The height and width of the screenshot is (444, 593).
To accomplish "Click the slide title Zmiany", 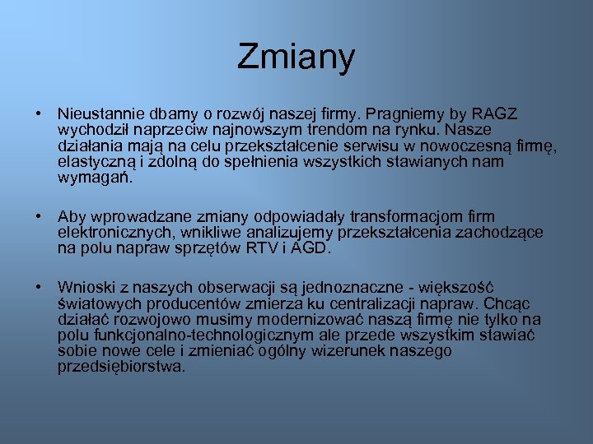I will click(296, 58).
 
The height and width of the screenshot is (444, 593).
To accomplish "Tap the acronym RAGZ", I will click(494, 113).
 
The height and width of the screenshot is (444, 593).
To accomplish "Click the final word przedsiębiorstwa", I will click(121, 367).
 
